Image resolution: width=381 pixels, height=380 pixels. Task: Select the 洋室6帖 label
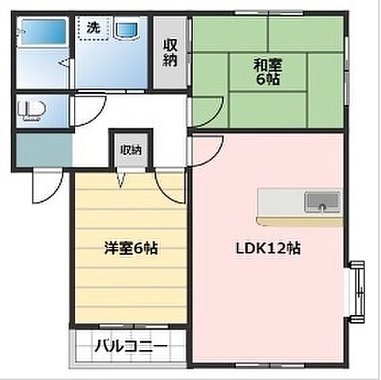(131, 248)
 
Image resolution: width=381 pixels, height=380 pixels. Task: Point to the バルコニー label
(131, 346)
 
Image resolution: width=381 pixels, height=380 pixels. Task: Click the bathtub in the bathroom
(43, 35)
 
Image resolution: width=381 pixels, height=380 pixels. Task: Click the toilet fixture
(31, 108)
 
